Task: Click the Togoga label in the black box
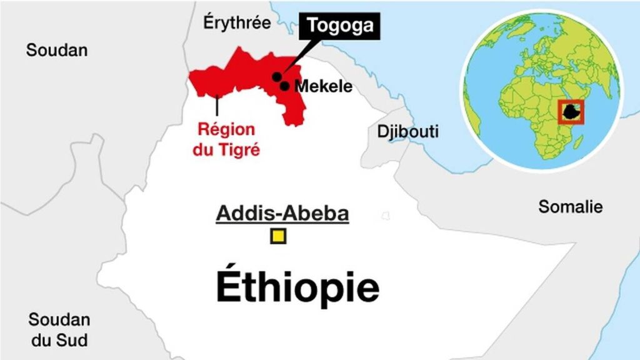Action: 339,26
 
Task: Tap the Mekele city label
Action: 323,87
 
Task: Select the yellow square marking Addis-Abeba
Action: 278,237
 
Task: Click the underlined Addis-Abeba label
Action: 282,214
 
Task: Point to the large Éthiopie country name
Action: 297,287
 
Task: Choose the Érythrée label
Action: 237,23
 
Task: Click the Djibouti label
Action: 407,132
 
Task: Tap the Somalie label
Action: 571,207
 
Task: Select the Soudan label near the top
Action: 57,50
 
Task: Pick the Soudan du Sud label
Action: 59,330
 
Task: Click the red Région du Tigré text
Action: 227,139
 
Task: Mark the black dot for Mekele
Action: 284,86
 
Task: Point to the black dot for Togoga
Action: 276,76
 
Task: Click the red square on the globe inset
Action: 571,112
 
